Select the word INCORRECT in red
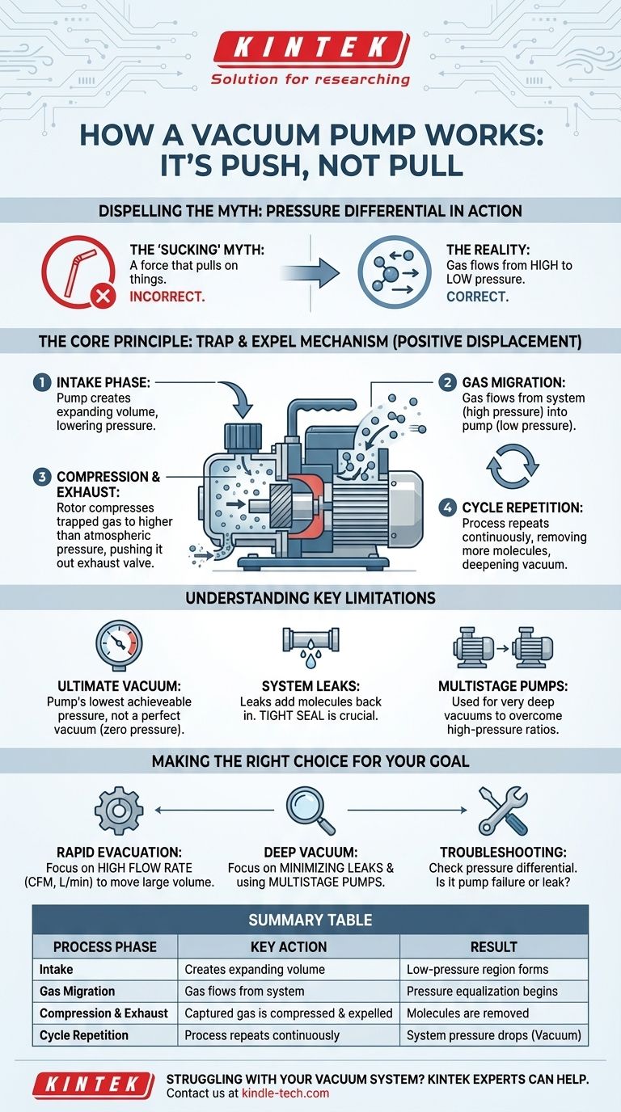167,297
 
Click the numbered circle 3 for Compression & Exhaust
42,477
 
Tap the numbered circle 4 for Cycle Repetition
448,508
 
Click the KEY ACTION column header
289,947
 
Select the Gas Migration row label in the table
77,991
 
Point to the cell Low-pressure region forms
477,969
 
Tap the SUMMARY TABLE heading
310,920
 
